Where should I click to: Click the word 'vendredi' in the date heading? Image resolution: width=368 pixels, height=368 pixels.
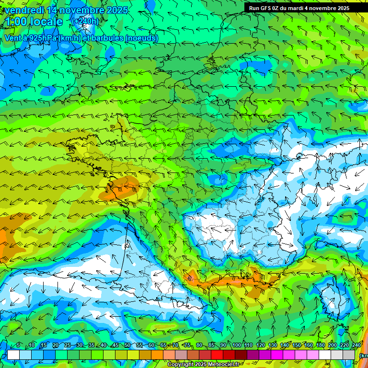coord(23,10)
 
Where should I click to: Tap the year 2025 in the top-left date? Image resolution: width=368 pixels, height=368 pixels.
coord(115,10)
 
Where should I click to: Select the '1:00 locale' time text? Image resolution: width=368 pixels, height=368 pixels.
coord(35,22)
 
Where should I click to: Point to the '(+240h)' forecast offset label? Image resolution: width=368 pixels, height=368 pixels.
coord(85,21)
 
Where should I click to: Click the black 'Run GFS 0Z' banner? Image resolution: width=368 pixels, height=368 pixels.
coord(306,8)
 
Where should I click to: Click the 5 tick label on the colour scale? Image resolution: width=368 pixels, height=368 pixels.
coord(18,345)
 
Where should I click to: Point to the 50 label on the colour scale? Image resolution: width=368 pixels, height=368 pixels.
coord(127,345)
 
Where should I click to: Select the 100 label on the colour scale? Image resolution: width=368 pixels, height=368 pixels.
coord(237,345)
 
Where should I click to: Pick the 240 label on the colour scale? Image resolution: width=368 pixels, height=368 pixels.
coord(356,345)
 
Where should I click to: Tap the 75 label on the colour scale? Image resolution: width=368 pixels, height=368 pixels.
coord(187,345)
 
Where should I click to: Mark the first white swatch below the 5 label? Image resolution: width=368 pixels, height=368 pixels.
coord(13,355)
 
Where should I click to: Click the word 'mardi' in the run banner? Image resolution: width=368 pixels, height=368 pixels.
coord(303,8)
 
